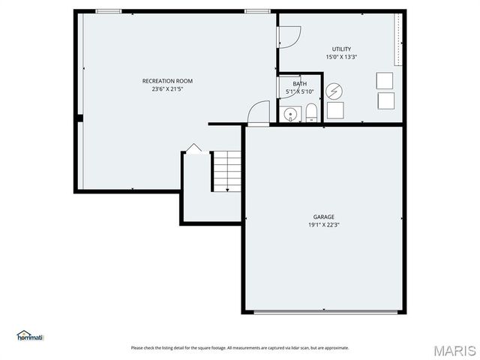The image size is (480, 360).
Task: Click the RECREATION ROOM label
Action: click(167, 80)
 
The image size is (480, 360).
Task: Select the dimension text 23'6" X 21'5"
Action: click(167, 88)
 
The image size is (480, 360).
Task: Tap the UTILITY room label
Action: click(341, 49)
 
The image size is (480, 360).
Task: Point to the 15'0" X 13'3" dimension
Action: click(341, 57)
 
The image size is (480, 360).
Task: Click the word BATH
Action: click(299, 83)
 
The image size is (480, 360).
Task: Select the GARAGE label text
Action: click(324, 217)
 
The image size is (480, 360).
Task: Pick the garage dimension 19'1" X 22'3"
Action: click(324, 225)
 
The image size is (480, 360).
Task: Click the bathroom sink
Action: click(289, 114)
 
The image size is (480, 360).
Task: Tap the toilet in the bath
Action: click(311, 113)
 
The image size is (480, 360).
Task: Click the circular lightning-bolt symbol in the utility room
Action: click(334, 91)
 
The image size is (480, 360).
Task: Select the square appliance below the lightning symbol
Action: click(334, 110)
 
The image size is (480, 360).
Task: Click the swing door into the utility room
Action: click(289, 36)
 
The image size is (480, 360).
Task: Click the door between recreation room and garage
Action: click(259, 112)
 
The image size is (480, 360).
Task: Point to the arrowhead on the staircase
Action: click(227, 190)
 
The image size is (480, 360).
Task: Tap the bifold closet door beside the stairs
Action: click(193, 148)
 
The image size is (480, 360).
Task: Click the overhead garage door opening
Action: click(324, 311)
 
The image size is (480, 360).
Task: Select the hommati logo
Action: click(30, 336)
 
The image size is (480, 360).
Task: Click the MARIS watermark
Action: click(454, 350)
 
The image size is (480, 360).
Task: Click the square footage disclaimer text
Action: click(240, 347)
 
